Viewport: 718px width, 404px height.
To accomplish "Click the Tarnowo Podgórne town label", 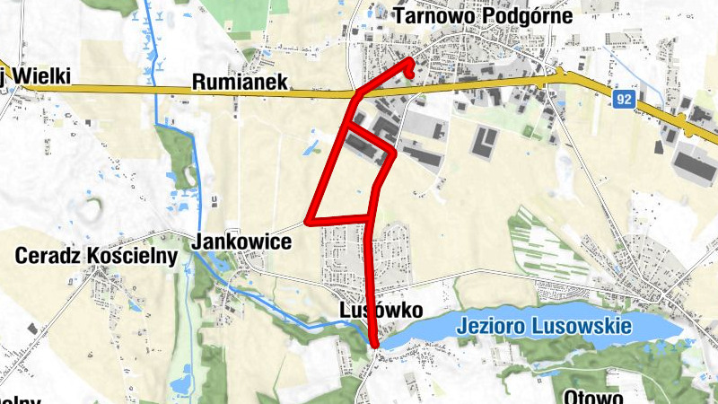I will (x=483, y=15).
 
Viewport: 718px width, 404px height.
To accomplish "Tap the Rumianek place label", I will (x=240, y=82).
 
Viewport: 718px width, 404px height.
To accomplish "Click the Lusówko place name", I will (x=381, y=309).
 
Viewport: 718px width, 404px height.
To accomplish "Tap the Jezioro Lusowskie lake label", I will (x=544, y=326).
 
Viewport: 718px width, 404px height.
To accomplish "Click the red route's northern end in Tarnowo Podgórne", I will (x=409, y=61).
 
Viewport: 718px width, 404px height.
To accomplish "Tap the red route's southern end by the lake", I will (x=374, y=343).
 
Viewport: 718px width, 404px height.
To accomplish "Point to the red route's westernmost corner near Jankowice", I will (x=308, y=219).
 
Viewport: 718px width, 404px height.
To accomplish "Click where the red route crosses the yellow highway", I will (x=356, y=92).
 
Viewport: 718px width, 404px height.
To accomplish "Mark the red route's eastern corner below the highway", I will (x=394, y=154).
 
